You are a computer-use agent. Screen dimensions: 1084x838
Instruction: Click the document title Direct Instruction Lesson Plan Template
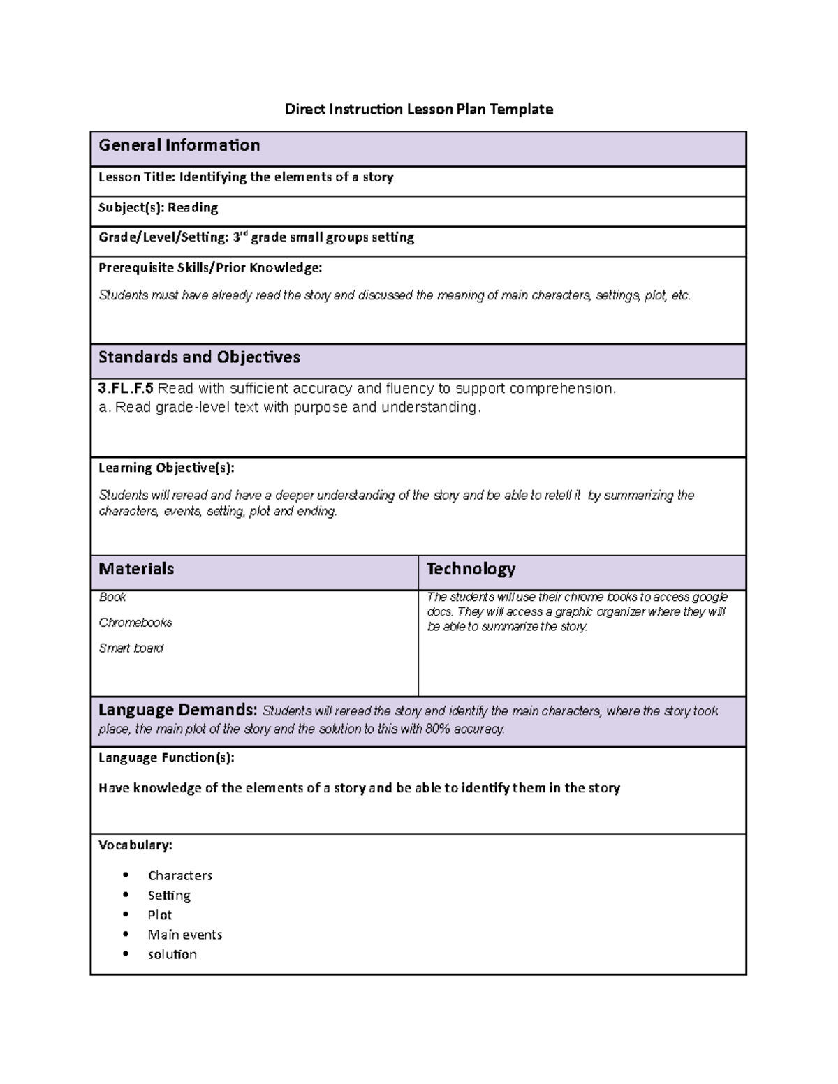pos(418,110)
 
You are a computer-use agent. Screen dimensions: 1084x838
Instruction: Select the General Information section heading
pos(179,145)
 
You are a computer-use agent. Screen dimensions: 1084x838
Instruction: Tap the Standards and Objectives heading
pos(199,357)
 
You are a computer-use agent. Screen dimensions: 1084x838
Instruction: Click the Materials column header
pos(136,569)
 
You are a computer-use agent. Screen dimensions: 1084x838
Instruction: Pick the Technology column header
pos(471,569)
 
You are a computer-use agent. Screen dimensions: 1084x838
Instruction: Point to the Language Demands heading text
pos(177,711)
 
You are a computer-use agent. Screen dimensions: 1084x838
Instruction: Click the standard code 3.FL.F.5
pos(126,389)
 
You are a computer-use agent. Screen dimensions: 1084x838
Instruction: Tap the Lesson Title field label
pos(137,177)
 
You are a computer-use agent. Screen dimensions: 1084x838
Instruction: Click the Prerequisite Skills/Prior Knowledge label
pos(210,267)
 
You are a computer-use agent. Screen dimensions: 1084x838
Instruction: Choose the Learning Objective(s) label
pos(166,468)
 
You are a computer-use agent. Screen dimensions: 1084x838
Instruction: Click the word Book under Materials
pos(112,597)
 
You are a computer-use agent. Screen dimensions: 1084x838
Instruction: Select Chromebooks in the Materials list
pos(135,623)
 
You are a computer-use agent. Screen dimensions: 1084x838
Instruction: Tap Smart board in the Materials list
pos(131,648)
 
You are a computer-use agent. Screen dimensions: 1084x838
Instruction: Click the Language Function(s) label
pos(166,757)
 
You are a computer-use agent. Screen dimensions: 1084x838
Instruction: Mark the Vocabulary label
pos(135,845)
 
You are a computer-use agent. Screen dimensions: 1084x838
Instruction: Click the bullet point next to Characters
pos(126,875)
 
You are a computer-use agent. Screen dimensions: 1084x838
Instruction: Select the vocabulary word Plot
pos(160,915)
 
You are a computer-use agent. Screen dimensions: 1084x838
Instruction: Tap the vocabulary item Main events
pos(185,935)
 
